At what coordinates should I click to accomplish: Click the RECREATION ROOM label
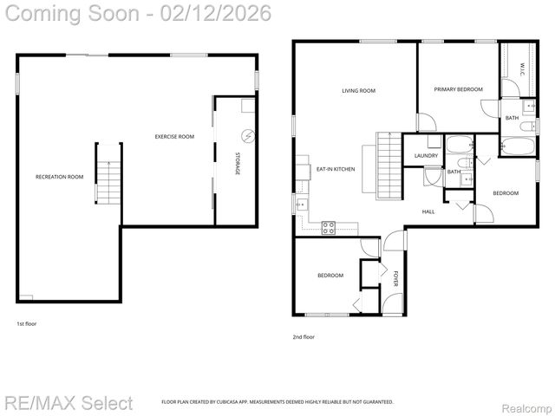coord(59,177)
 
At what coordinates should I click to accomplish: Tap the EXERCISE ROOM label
coord(174,137)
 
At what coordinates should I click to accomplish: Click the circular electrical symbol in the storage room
coord(248,136)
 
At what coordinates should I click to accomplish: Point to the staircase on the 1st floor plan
coord(106,179)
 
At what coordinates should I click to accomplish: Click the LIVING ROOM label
coord(358,90)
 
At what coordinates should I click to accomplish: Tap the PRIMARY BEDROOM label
coord(458,89)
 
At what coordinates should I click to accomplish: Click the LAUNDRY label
coord(425,155)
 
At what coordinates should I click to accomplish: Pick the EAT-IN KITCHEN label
coord(336,169)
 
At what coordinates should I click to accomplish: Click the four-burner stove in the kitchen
coord(330,228)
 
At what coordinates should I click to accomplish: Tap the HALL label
coord(428,211)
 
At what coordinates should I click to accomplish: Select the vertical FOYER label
coord(395,278)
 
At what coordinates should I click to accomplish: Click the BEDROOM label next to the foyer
coord(330,276)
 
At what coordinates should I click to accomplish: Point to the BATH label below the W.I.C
coord(512,118)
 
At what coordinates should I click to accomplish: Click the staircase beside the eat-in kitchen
coord(388,165)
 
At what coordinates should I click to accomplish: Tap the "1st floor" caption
coord(26,323)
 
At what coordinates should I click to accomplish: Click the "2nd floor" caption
coord(304,336)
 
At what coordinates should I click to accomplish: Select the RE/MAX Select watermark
coord(69,402)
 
